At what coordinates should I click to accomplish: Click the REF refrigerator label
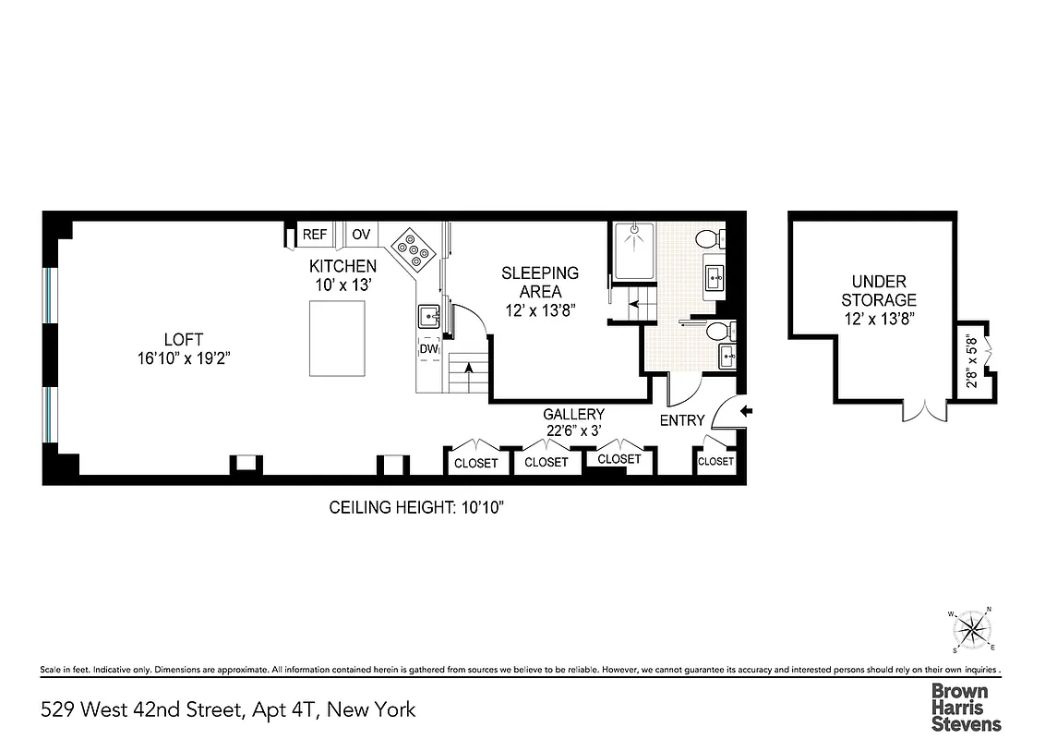pyautogui.click(x=315, y=235)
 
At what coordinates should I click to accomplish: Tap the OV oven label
pyautogui.click(x=361, y=235)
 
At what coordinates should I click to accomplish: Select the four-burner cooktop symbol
pyautogui.click(x=413, y=249)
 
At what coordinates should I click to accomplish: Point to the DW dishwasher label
pyautogui.click(x=428, y=349)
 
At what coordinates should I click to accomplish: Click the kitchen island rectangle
pyautogui.click(x=337, y=339)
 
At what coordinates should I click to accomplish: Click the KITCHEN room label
pyautogui.click(x=342, y=266)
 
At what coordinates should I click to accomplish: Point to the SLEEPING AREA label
pyautogui.click(x=540, y=282)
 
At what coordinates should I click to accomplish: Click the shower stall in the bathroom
pyautogui.click(x=634, y=250)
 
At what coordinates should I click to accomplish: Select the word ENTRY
pyautogui.click(x=682, y=420)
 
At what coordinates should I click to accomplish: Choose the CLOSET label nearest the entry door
pyautogui.click(x=715, y=461)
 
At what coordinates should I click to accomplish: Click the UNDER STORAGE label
pyautogui.click(x=878, y=290)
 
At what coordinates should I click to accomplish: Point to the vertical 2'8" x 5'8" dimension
pyautogui.click(x=969, y=365)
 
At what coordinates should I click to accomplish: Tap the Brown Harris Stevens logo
pyautogui.click(x=965, y=708)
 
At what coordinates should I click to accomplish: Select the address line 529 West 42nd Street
pyautogui.click(x=229, y=709)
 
